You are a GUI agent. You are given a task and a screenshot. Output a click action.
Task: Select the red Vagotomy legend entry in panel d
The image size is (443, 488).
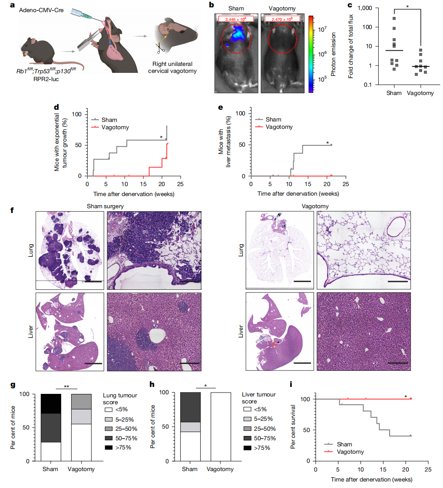click(105, 127)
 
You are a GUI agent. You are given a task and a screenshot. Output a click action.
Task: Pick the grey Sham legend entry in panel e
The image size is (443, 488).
click(269, 119)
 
